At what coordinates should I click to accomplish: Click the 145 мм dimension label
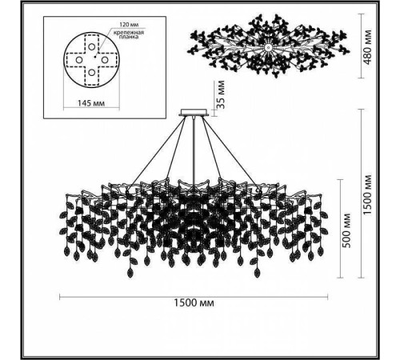click(90, 103)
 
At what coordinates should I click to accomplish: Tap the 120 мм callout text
click(129, 25)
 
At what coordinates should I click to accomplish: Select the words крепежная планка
click(129, 34)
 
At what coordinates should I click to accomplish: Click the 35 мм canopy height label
click(221, 94)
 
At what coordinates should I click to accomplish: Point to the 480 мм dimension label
click(367, 47)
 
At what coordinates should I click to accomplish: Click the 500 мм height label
click(346, 230)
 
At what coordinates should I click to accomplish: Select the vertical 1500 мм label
click(367, 194)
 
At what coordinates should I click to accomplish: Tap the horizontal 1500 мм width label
click(194, 303)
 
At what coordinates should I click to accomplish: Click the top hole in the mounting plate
click(91, 47)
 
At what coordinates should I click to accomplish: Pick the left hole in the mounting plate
click(79, 60)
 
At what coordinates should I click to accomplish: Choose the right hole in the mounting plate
click(104, 59)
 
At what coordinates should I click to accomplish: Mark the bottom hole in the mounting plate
click(91, 72)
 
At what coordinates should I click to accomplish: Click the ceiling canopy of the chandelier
click(194, 112)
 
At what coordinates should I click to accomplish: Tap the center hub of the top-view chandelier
click(268, 48)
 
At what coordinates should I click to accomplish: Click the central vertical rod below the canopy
click(194, 150)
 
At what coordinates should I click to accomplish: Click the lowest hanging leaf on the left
click(130, 273)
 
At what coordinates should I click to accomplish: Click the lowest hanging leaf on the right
click(257, 273)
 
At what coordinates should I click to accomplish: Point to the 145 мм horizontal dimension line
click(91, 108)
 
